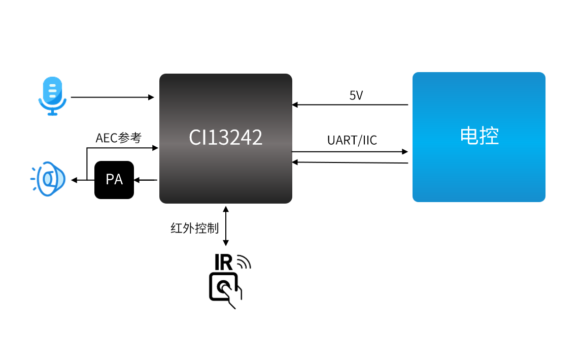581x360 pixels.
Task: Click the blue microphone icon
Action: click(x=52, y=96)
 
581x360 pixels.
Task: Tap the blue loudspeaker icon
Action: click(x=49, y=179)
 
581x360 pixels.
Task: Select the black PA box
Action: click(x=114, y=180)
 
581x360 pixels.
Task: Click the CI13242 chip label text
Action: click(x=225, y=137)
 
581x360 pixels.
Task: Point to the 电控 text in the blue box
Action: click(x=479, y=136)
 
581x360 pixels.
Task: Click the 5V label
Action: click(x=356, y=95)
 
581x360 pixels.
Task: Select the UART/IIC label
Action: click(x=352, y=140)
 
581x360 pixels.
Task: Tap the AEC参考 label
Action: click(x=119, y=138)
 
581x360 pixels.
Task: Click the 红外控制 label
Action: click(x=194, y=228)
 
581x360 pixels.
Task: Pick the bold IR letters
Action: click(x=223, y=263)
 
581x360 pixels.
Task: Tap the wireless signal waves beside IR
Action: click(x=244, y=261)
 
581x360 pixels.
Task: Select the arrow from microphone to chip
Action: click(x=113, y=97)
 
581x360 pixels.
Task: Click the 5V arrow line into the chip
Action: click(x=350, y=105)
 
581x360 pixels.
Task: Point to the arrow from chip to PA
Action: click(x=146, y=180)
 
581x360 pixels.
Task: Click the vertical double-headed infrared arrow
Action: click(x=226, y=226)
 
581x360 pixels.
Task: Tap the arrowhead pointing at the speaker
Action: click(x=74, y=180)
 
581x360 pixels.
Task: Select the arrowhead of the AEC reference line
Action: click(x=156, y=148)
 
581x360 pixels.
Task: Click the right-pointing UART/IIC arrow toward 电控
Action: click(x=350, y=152)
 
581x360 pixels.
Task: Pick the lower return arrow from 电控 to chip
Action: click(x=350, y=162)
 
